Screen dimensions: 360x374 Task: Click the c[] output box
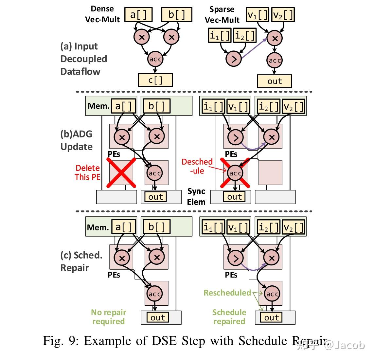point(155,80)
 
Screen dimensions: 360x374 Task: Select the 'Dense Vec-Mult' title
point(102,14)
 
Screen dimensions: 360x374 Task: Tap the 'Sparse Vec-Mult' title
point(222,15)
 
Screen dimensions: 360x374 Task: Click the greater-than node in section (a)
point(234,59)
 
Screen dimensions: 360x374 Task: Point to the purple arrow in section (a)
point(254,48)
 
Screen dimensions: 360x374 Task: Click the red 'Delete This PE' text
point(87,172)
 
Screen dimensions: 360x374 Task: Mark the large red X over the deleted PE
point(121,172)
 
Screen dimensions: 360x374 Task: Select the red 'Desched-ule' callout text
point(197,166)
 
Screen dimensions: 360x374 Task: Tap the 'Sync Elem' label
point(196,196)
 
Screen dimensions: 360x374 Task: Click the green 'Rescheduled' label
point(227,293)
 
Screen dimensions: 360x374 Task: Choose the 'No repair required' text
point(108,317)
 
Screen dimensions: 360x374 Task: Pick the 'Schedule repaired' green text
point(229,317)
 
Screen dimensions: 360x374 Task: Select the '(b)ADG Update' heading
point(76,140)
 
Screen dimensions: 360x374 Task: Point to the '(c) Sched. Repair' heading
point(81,261)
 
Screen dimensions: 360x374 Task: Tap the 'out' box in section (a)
point(275,81)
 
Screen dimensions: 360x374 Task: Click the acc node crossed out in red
point(235,173)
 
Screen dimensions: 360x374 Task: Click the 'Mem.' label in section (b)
point(98,106)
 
